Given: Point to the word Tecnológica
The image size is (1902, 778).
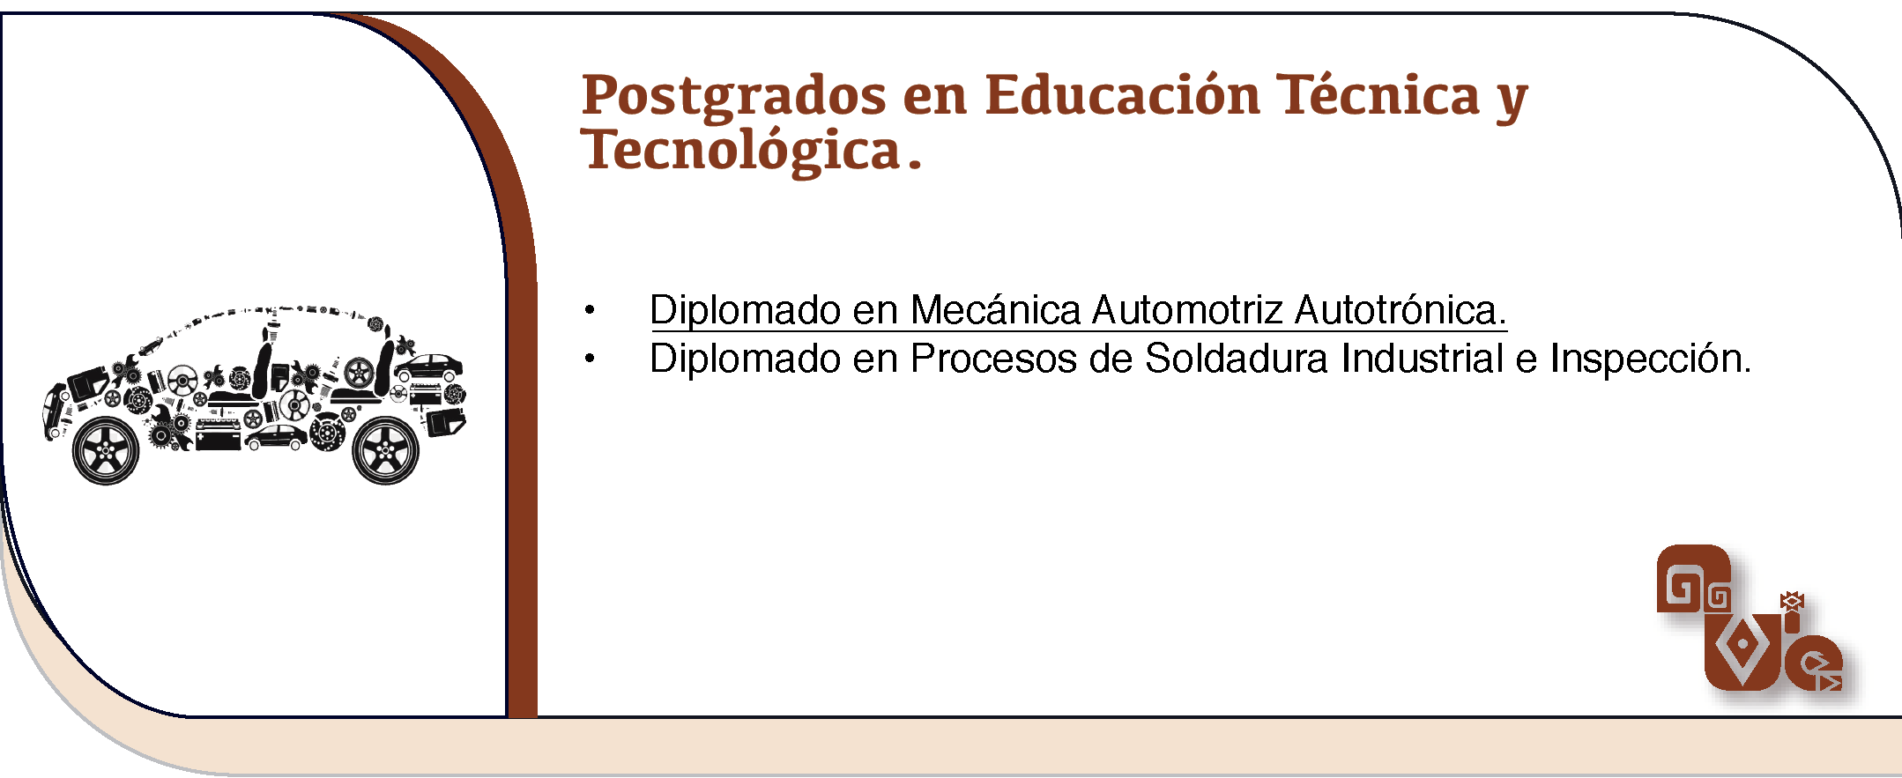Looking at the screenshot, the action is pyautogui.click(x=751, y=151).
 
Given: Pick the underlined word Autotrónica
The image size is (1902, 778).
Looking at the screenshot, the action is pyautogui.click(x=1400, y=310).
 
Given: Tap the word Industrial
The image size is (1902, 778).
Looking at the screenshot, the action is pyautogui.click(x=1423, y=359).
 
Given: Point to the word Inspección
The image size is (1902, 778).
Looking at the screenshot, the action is pyautogui.click(x=1651, y=359).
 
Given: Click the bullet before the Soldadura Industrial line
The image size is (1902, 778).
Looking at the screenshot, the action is pyautogui.click(x=590, y=359).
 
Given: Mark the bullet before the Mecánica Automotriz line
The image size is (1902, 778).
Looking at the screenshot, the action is pyautogui.click(x=590, y=310).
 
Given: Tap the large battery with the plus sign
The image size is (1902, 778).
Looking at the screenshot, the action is pyautogui.click(x=218, y=434).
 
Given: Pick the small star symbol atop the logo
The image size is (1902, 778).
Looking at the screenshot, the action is pyautogui.click(x=1792, y=602).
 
